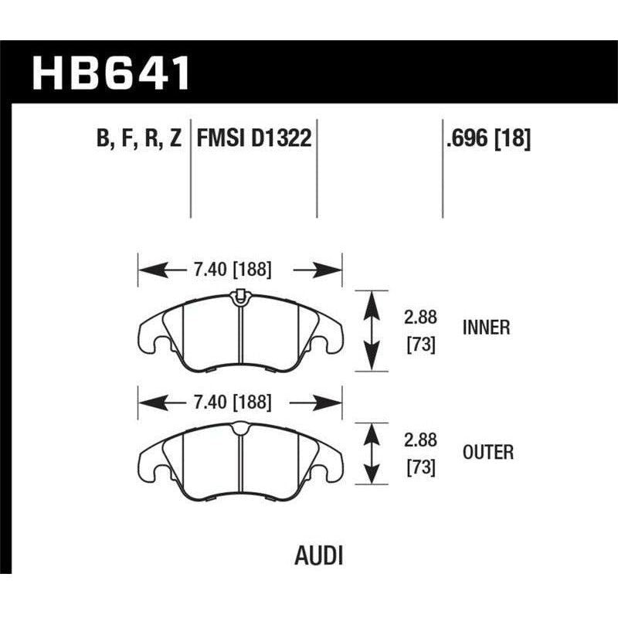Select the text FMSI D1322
pyautogui.click(x=254, y=139)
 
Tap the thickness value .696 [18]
pyautogui.click(x=487, y=139)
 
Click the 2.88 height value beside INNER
pyautogui.click(x=421, y=317)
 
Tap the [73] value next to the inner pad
pyautogui.click(x=421, y=344)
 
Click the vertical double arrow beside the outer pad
pyautogui.click(x=372, y=453)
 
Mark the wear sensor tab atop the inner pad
pyautogui.click(x=239, y=294)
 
